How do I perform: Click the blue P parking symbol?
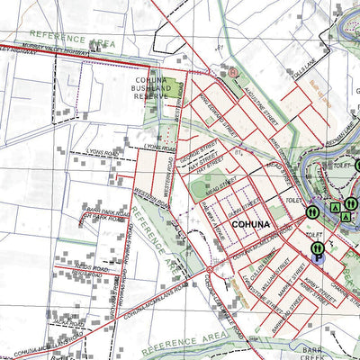tap(318, 258)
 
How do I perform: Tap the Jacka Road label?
tap(65, 322)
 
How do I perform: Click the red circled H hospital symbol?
tap(232, 72)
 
